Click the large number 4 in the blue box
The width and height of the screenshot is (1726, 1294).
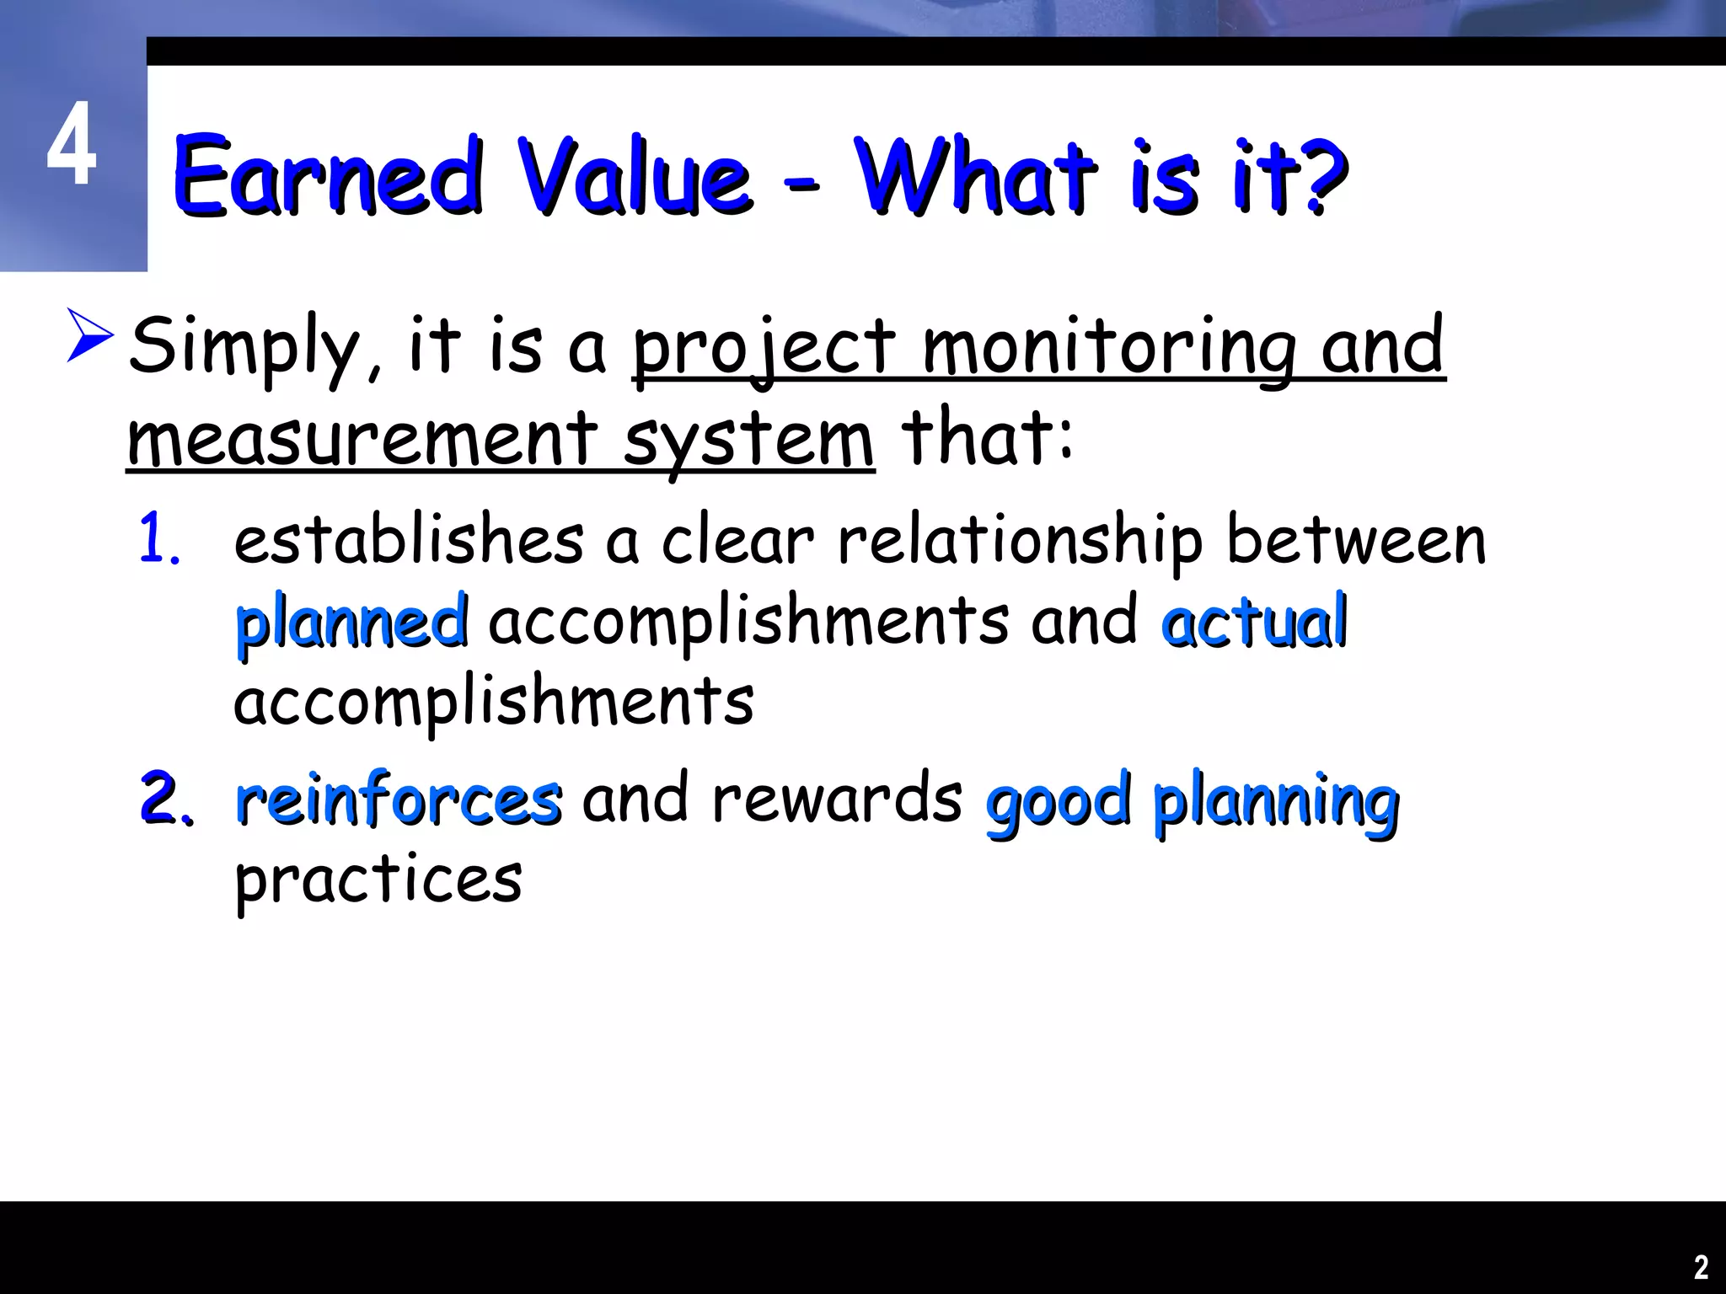(72, 145)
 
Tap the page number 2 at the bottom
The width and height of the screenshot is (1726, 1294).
(1701, 1267)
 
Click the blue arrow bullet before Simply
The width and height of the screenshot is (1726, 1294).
(89, 335)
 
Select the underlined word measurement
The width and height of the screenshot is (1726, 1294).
(362, 438)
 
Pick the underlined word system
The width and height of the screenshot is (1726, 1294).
(748, 441)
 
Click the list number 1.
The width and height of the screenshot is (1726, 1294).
(158, 539)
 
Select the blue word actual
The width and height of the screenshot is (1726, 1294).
(1254, 622)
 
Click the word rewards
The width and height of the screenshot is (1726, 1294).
(836, 799)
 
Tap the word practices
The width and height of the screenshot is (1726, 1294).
(378, 881)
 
